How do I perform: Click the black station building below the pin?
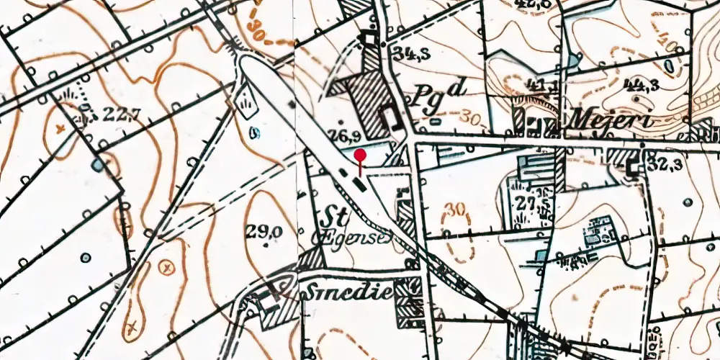(359, 185)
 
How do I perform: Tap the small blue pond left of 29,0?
(252, 132)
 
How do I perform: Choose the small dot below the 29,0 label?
(266, 245)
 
